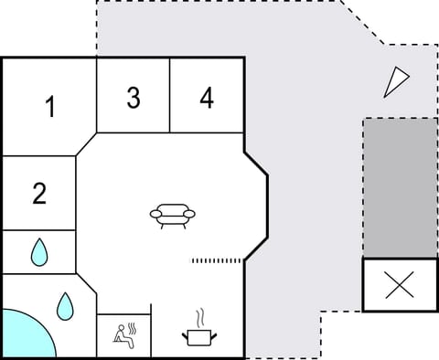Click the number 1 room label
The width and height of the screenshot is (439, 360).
[x=51, y=108]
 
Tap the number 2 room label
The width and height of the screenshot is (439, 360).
[x=39, y=194]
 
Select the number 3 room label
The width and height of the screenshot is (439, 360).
[x=134, y=99]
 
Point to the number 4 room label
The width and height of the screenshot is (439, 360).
[x=208, y=99]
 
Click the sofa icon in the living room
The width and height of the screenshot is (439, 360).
[x=173, y=216]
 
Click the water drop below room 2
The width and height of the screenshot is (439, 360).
[x=38, y=251]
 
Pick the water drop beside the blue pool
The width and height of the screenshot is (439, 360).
[x=65, y=306]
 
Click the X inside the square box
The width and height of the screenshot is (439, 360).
[x=400, y=285]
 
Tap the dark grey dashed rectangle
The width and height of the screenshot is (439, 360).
[x=400, y=187]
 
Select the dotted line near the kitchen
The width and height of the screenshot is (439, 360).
[x=217, y=261]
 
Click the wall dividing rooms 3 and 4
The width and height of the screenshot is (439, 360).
[x=170, y=96]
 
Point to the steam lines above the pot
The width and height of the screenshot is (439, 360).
[x=198, y=319]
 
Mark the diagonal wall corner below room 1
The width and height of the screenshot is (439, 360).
[x=86, y=144]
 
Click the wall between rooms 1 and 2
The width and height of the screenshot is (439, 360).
[x=38, y=156]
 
